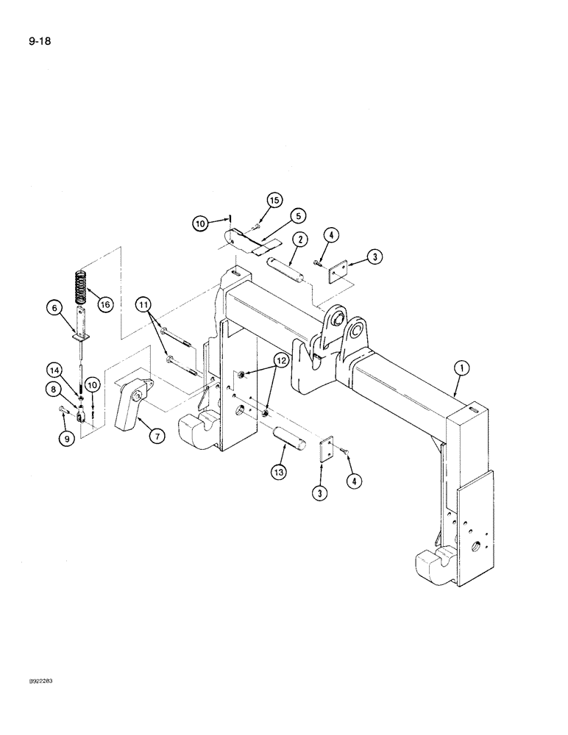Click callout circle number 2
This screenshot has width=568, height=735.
(x=299, y=240)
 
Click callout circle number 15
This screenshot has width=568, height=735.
(x=274, y=199)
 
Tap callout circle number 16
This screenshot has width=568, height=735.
(x=105, y=304)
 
